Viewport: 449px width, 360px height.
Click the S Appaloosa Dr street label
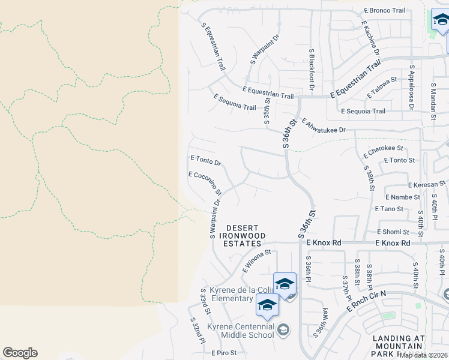coord(412,88)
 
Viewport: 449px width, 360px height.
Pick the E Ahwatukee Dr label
coord(324,125)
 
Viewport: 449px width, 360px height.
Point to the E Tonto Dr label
coord(206,160)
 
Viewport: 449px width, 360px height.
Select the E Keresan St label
coord(429,186)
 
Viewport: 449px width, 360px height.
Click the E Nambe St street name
coord(403,197)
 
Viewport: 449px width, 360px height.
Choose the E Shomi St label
coord(393,232)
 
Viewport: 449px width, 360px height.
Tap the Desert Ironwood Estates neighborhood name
coord(244,236)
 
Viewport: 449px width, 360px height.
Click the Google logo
coord(20,353)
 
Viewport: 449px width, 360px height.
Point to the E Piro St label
coord(224,353)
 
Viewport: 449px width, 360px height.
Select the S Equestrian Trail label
coord(214,46)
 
